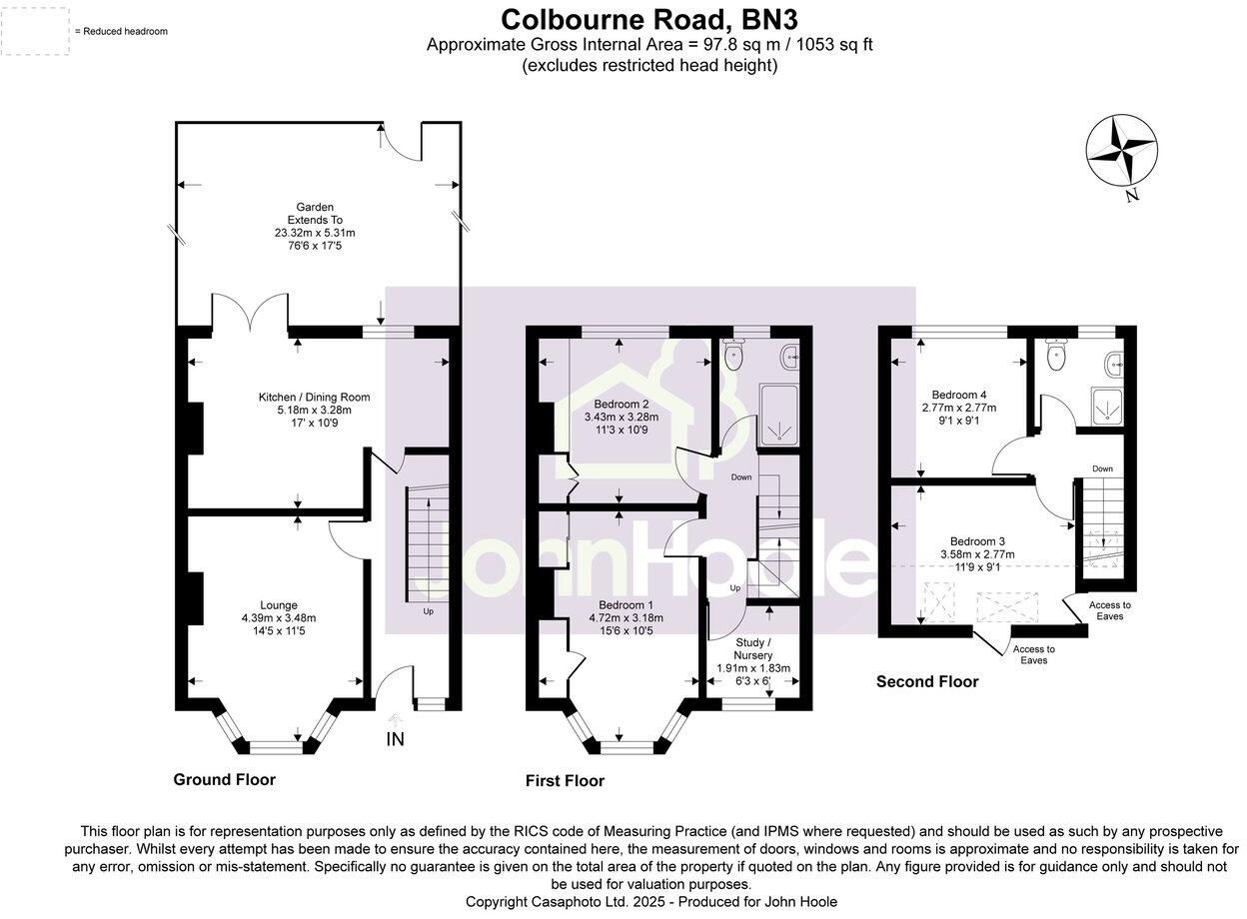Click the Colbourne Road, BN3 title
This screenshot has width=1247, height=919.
click(649, 20)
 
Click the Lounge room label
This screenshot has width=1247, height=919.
click(279, 605)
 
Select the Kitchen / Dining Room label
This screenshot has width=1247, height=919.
click(314, 398)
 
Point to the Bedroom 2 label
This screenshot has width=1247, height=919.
click(622, 405)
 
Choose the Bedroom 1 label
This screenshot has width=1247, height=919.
click(626, 605)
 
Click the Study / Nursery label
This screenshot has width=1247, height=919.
click(753, 649)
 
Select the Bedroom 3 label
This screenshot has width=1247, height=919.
click(977, 541)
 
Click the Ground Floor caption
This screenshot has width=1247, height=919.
click(225, 779)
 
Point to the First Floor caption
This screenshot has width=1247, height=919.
click(566, 780)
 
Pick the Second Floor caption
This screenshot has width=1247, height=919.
click(927, 681)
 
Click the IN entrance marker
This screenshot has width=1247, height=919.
click(396, 739)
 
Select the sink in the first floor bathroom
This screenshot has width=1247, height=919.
click(790, 357)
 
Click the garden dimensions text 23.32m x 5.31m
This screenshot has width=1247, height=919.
click(315, 233)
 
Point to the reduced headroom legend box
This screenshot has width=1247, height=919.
click(35, 31)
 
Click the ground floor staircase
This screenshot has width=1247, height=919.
click(428, 543)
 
